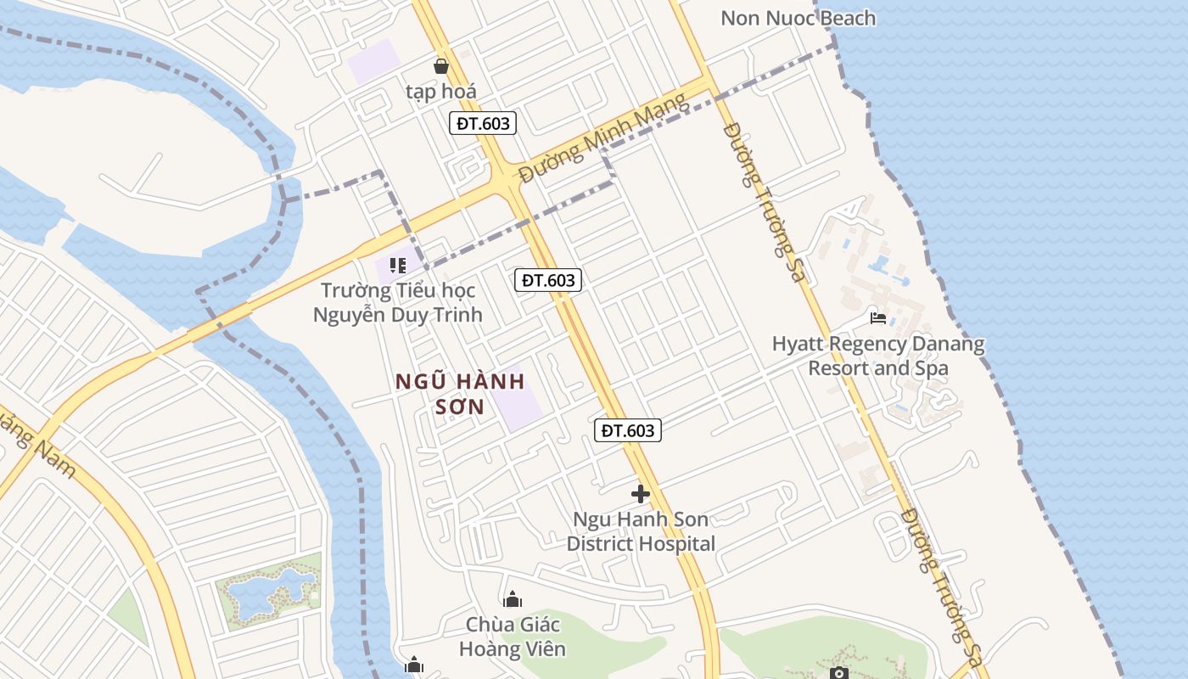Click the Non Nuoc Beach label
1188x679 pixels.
coord(798,18)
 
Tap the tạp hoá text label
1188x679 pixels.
coord(440,91)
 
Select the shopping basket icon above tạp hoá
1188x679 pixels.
coord(440,65)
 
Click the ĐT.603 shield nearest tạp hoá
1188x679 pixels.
coord(483,123)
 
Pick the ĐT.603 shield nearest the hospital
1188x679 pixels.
coord(628,430)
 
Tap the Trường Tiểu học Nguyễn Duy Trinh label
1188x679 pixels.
coord(397,303)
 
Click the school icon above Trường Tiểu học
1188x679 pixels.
coord(397,266)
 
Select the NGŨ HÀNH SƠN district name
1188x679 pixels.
coord(461,394)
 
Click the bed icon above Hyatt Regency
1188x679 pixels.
coord(878,318)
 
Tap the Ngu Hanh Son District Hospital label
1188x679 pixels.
coord(641,531)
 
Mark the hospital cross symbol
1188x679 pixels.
coord(641,493)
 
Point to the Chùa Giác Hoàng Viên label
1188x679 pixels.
coord(513,637)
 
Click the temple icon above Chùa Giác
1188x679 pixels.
coord(513,600)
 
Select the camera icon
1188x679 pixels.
coord(838,673)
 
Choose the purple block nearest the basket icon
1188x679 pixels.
coord(373,61)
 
